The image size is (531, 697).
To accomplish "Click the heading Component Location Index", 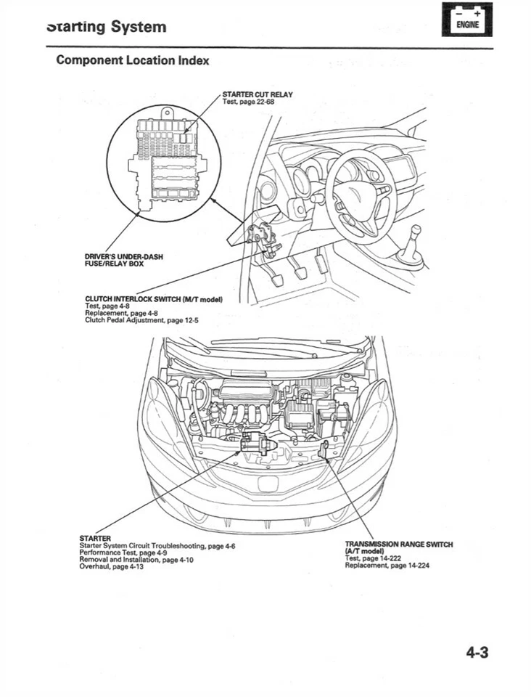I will pos(133,60).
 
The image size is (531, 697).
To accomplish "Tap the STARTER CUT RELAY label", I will pos(257,94).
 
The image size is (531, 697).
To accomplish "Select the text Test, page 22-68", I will pos(248,102).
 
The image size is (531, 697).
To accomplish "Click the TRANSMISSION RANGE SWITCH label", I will pos(398,545).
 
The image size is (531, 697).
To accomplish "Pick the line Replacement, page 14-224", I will pos(387,566).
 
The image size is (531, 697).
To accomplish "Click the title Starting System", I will pos(106,27).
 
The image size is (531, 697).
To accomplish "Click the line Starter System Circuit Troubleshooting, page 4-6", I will pos(157,545).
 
